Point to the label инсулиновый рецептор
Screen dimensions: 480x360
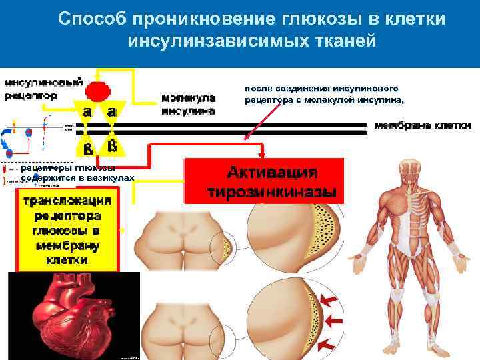pyautogui.click(x=44, y=89)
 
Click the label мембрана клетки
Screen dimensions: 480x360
pyautogui.click(x=423, y=125)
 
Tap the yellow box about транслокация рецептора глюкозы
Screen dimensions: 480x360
pyautogui.click(x=67, y=230)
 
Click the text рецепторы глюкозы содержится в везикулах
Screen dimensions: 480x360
pyautogui.click(x=77, y=173)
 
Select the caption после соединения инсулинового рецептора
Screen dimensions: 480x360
pyautogui.click(x=324, y=94)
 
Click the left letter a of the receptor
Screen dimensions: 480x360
pyautogui.click(x=87, y=111)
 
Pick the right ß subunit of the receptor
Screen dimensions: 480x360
pyautogui.click(x=112, y=145)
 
